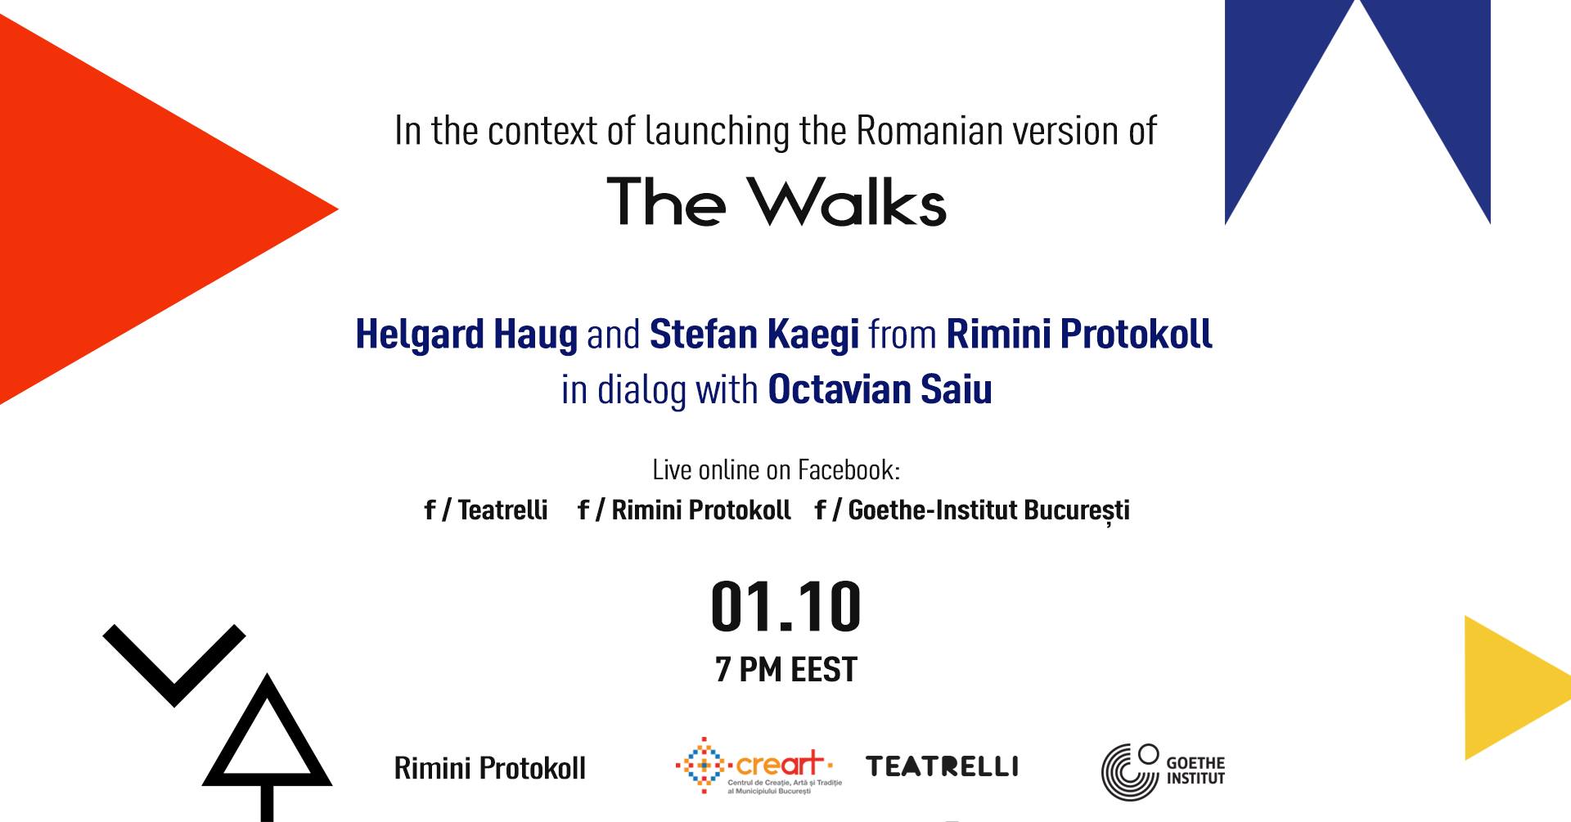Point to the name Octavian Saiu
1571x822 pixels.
[x=880, y=389]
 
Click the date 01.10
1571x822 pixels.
[x=786, y=606]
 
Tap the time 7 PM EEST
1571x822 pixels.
[x=786, y=669]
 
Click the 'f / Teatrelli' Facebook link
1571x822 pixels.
[x=486, y=510]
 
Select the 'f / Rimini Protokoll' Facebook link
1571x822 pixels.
[x=684, y=510]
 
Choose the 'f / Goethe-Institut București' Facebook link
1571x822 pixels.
[x=972, y=510]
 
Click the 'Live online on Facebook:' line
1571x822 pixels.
[x=776, y=469]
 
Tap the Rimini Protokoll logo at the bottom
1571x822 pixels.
[x=490, y=768]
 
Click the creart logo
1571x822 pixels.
[x=758, y=766]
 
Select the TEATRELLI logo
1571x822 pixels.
[x=943, y=766]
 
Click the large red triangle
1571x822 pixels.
[x=123, y=209]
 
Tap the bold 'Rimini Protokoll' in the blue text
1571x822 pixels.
[x=1079, y=334]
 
